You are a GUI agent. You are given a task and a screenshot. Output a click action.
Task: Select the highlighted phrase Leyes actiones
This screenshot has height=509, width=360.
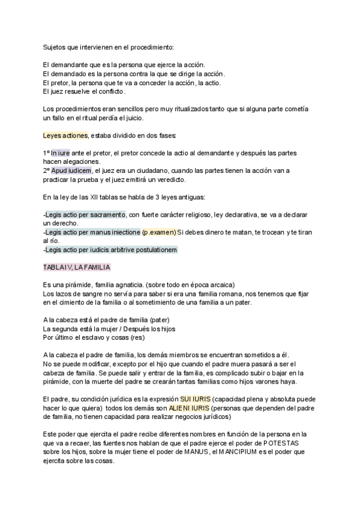point(65,135)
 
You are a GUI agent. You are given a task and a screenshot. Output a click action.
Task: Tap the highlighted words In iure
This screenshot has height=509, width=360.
point(61,153)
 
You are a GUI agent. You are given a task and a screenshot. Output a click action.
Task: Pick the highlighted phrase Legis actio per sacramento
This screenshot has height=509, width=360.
point(85,214)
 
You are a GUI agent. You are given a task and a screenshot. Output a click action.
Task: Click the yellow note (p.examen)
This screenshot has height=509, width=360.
point(159,232)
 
